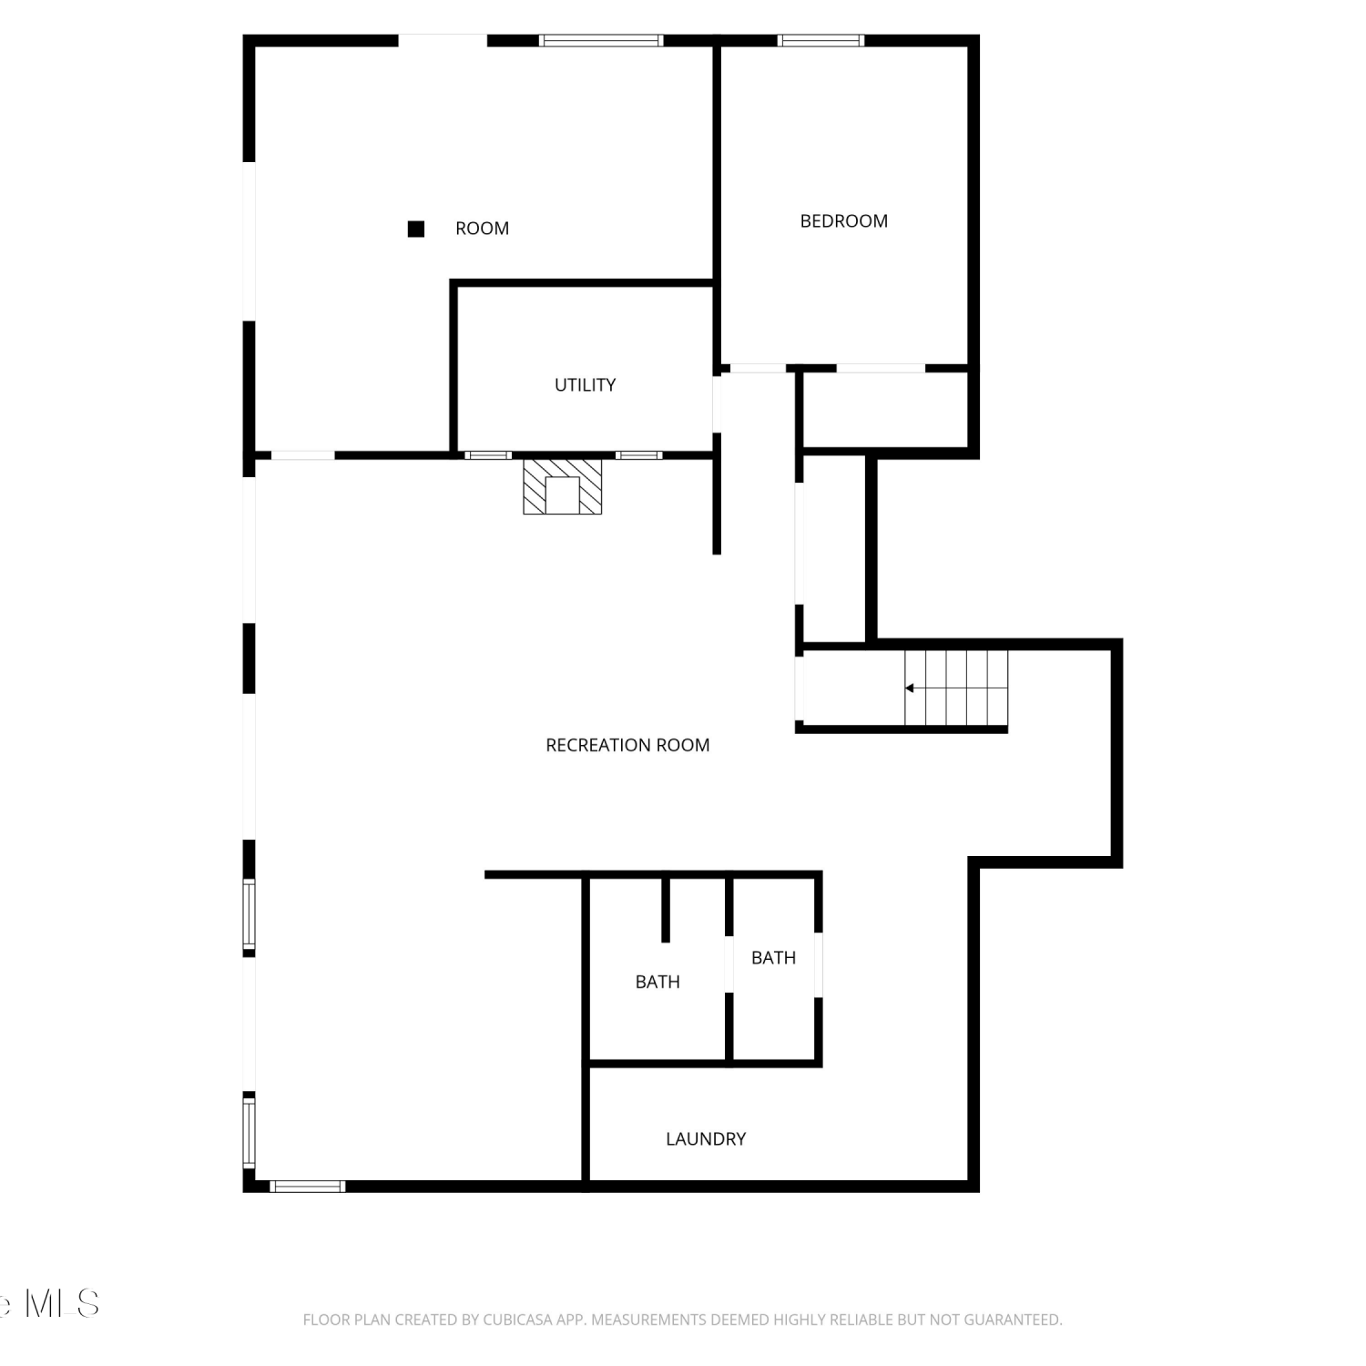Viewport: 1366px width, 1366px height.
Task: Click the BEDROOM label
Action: click(843, 221)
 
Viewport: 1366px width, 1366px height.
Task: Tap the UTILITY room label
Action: click(585, 385)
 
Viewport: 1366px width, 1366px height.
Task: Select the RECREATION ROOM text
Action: click(627, 745)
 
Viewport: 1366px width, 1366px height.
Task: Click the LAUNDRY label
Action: click(706, 1138)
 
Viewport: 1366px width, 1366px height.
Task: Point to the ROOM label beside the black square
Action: click(482, 229)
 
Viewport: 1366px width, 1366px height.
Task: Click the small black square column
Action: click(416, 229)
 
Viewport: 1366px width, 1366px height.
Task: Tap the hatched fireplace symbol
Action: click(563, 486)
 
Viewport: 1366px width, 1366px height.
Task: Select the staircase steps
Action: click(956, 688)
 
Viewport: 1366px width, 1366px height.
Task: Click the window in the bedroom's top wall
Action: click(821, 40)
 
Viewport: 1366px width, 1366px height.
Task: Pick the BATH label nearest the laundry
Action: click(658, 982)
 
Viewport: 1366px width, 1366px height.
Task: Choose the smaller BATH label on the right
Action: click(773, 958)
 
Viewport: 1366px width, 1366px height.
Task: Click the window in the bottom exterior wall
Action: click(308, 1186)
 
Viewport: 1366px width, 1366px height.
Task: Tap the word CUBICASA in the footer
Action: click(516, 1320)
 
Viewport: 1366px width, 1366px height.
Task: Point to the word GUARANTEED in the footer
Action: click(1017, 1320)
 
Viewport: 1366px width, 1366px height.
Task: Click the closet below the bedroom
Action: click(884, 411)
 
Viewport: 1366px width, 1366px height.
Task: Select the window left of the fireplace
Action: click(488, 455)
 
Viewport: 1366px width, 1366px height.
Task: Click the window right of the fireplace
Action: click(639, 455)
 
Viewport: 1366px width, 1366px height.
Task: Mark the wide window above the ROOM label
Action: click(601, 40)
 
